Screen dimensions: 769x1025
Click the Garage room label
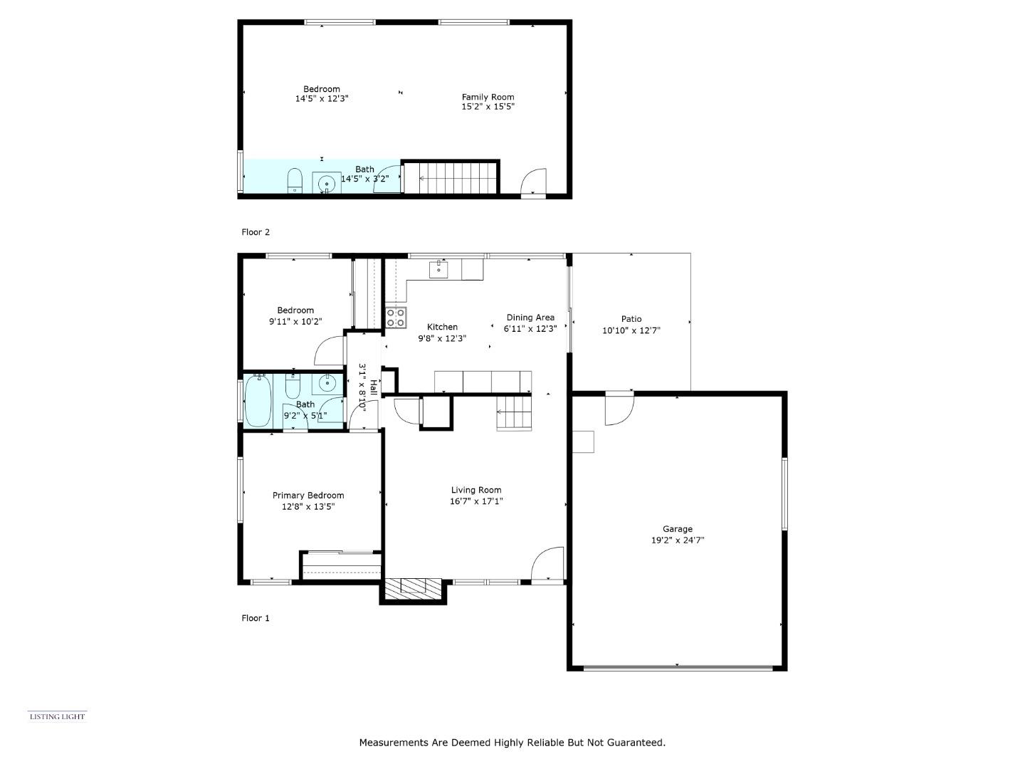pos(677,529)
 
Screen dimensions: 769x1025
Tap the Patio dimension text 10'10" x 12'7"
pos(631,330)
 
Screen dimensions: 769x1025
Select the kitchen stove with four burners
pos(396,318)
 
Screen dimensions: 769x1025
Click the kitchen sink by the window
pos(438,269)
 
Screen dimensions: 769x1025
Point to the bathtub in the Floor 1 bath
pos(258,402)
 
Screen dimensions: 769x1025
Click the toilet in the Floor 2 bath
pos(295,180)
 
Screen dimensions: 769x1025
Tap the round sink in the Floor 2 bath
pos(327,184)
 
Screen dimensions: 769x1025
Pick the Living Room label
pos(476,490)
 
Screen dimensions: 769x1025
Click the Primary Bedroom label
pos(308,496)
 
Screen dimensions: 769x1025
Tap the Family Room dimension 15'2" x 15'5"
pos(488,107)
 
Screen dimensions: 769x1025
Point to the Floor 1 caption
pos(256,618)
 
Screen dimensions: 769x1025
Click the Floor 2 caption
pos(256,232)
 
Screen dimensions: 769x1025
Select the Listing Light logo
pos(57,716)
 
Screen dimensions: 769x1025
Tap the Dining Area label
pos(530,318)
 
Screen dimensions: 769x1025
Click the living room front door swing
pos(549,564)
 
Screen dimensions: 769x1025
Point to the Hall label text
pos(373,388)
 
